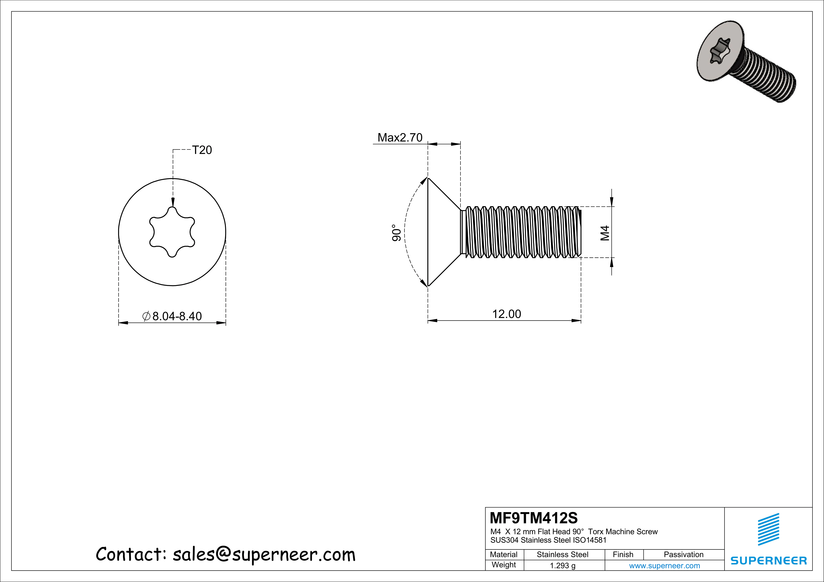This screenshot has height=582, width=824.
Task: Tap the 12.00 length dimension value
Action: pos(506,314)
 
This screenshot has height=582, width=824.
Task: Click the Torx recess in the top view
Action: pos(172,232)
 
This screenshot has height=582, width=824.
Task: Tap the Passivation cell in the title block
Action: pos(683,554)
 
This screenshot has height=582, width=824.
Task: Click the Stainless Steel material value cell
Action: pos(562,554)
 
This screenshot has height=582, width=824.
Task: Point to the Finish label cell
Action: pos(623,554)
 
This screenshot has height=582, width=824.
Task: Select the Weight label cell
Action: pos(504,565)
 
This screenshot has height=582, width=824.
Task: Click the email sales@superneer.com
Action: pos(264,554)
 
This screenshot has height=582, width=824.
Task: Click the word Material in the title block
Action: pos(504,554)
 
